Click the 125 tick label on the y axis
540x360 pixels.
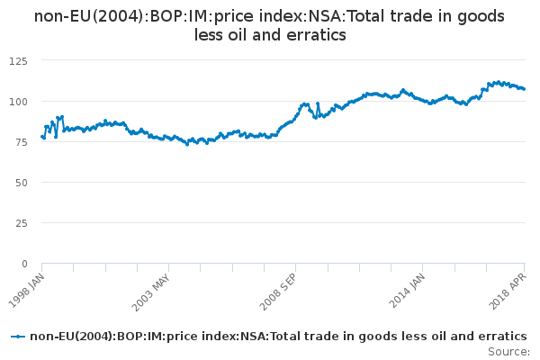pyautogui.click(x=17, y=60)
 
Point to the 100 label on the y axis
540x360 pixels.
pyautogui.click(x=17, y=101)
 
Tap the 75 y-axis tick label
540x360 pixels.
pyautogui.click(x=20, y=141)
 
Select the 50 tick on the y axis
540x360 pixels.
pyautogui.click(x=20, y=182)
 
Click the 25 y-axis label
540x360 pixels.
pyautogui.click(x=20, y=222)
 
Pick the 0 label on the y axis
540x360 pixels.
pyautogui.click(x=23, y=264)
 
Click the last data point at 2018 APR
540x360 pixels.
pyautogui.click(x=525, y=89)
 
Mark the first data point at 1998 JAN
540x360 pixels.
pyautogui.click(x=41, y=137)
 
